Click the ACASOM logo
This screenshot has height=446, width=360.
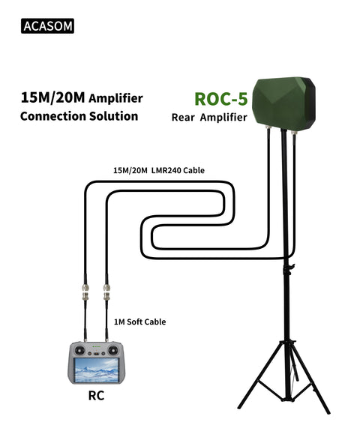(x=48, y=26)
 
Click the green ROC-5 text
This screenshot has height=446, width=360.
(x=221, y=99)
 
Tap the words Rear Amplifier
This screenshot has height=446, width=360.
(x=209, y=117)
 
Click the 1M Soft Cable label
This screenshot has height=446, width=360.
(x=139, y=322)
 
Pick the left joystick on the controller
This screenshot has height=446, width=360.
(x=79, y=350)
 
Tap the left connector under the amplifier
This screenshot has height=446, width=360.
(x=268, y=132)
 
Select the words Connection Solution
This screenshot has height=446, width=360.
(x=79, y=116)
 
